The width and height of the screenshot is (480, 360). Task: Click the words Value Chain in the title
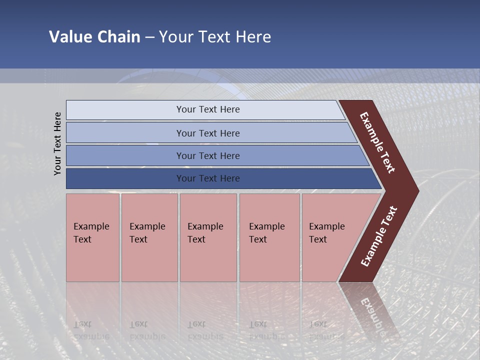pyautogui.click(x=94, y=37)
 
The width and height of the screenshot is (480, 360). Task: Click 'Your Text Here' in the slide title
pyautogui.click(x=215, y=37)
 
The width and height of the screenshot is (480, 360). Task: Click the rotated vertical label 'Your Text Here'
pyautogui.click(x=57, y=143)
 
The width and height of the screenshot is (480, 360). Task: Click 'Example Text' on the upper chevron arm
pyautogui.click(x=377, y=143)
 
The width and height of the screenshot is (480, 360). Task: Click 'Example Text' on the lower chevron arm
pyautogui.click(x=378, y=236)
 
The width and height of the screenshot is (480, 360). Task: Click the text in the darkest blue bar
pyautogui.click(x=208, y=178)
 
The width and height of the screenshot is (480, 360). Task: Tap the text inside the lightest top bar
pyautogui.click(x=208, y=109)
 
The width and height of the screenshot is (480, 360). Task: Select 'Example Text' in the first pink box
pyautogui.click(x=91, y=233)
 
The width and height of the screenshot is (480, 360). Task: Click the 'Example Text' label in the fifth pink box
pyautogui.click(x=326, y=233)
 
